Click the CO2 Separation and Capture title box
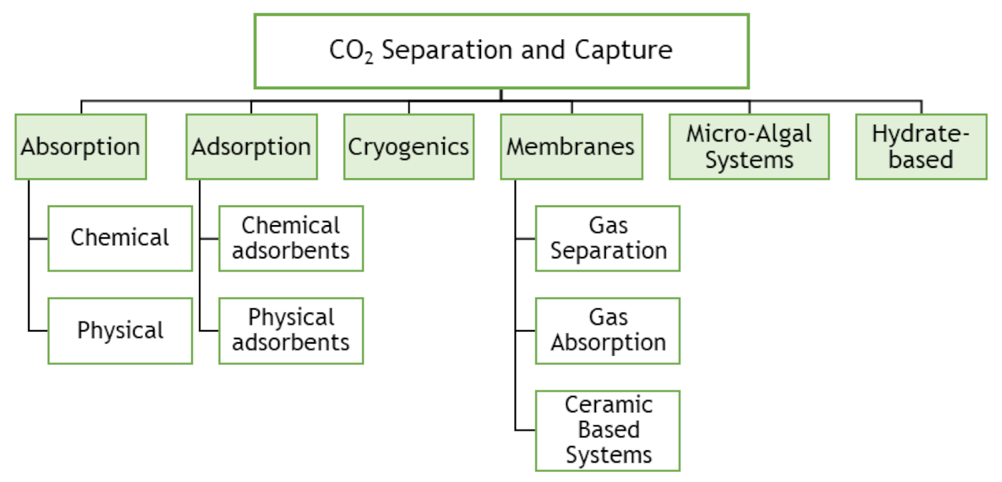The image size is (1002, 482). coord(501,51)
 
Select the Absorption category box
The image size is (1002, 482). coord(81,147)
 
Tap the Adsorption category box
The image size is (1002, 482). coord(252,147)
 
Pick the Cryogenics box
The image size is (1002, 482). coord(409,147)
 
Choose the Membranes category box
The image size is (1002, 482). coord(571,147)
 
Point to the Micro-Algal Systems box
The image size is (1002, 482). coord(749,147)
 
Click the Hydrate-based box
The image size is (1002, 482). coord(921,147)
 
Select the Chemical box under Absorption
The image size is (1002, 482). coord(120,239)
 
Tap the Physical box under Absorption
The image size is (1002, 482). coord(120,331)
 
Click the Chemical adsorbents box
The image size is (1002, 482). coord(291,239)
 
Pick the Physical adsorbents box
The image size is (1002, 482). coord(291,331)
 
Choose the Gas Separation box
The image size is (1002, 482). coord(608,239)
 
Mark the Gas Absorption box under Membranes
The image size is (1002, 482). coord(608,331)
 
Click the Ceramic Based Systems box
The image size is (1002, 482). coord(608,431)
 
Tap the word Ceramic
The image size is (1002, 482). coord(608,405)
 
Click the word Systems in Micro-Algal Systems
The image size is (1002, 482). coord(749,160)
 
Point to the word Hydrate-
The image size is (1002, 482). coord(921,134)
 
